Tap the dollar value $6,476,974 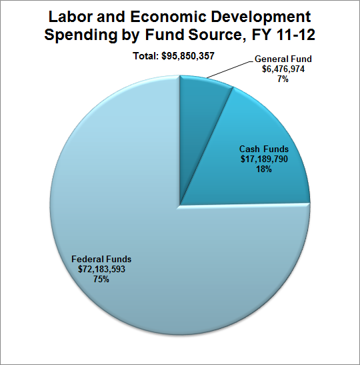point(283,69)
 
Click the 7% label point(283,79)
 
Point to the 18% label point(264,169)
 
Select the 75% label point(101,279)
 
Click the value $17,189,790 point(264,159)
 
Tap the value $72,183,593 point(101,269)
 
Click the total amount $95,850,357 point(188,56)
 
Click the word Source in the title point(217,35)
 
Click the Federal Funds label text point(101,259)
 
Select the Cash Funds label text point(264,149)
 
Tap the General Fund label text point(283,59)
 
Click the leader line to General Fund point(230,69)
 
